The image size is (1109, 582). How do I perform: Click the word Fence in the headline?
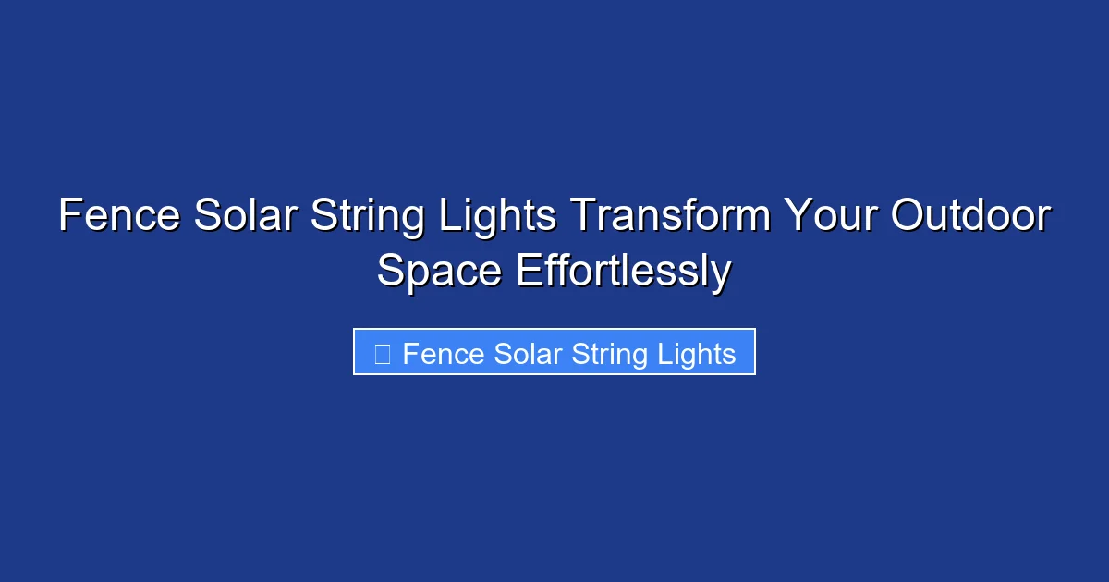pos(119,217)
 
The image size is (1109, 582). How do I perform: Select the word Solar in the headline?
pos(246,217)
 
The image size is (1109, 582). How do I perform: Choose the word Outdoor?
pos(970,217)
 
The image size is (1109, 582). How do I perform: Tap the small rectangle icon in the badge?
pos(383,354)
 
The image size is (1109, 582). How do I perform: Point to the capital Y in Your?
pos(798,217)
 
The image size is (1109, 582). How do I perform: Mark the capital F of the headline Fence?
pos(68,217)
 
